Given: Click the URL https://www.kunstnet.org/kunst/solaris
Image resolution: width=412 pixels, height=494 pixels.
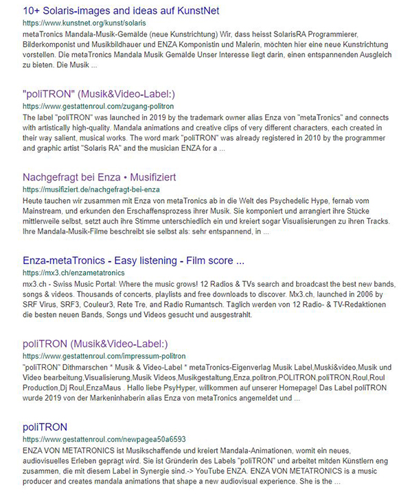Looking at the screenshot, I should pyautogui.click(x=76, y=23).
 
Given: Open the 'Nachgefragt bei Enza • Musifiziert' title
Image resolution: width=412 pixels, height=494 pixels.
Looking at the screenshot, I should pyautogui.click(x=99, y=178).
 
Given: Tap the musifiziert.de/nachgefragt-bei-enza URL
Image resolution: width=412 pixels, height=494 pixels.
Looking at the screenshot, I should pyautogui.click(x=91, y=189).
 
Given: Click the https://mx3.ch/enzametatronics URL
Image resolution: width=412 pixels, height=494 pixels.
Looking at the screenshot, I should pyautogui.click(x=74, y=272).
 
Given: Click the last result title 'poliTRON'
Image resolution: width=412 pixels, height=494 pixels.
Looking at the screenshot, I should pyautogui.click(x=45, y=427).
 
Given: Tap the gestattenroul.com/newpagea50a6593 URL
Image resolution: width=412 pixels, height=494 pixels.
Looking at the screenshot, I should pyautogui.click(x=104, y=439).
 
